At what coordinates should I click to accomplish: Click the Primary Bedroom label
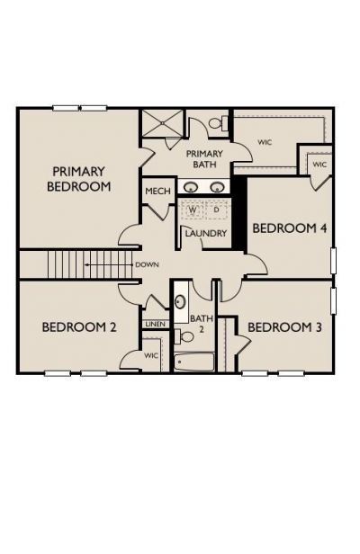pos(79,179)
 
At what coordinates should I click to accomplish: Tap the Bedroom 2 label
pos(79,327)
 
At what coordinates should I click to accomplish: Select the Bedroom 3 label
pos(284,327)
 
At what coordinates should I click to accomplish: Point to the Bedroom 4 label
pos(289,228)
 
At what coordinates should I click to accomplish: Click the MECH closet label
pos(157,192)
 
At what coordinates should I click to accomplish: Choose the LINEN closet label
pos(155,324)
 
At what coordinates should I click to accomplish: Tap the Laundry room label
pos(206,233)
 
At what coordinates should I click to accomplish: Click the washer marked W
pos(193,210)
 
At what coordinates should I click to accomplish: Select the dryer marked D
pos(216,210)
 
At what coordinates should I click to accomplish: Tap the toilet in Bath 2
pos(184,336)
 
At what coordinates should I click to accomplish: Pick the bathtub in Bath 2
pos(194,362)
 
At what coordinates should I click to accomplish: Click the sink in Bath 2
pos(181,302)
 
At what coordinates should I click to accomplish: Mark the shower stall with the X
pos(162,122)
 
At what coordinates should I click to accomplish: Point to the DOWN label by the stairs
pos(147,264)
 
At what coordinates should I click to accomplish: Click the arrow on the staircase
pos(108,264)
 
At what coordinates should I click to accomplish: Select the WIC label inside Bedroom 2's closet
pos(151,356)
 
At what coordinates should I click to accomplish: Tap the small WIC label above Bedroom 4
pos(319,165)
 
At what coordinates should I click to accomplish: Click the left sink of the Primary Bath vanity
pos(192,187)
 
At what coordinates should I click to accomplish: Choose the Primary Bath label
pos(204,159)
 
